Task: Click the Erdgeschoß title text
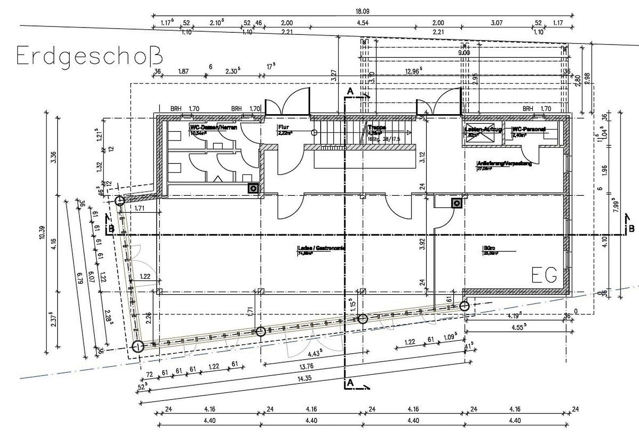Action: coord(90,56)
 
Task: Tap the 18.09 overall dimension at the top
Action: coord(362,11)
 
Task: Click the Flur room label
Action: coord(283,127)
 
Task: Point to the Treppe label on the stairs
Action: coord(377,127)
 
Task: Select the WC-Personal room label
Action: coord(529,129)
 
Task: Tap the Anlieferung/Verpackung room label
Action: coord(504,163)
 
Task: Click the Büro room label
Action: coord(489,248)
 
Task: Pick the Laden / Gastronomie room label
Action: coord(321,248)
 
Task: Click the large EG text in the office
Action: coord(545,275)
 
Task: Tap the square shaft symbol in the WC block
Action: coord(253,188)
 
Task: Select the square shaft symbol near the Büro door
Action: coord(457,203)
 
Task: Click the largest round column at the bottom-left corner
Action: coord(138,347)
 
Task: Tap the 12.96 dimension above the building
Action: coord(413,71)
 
